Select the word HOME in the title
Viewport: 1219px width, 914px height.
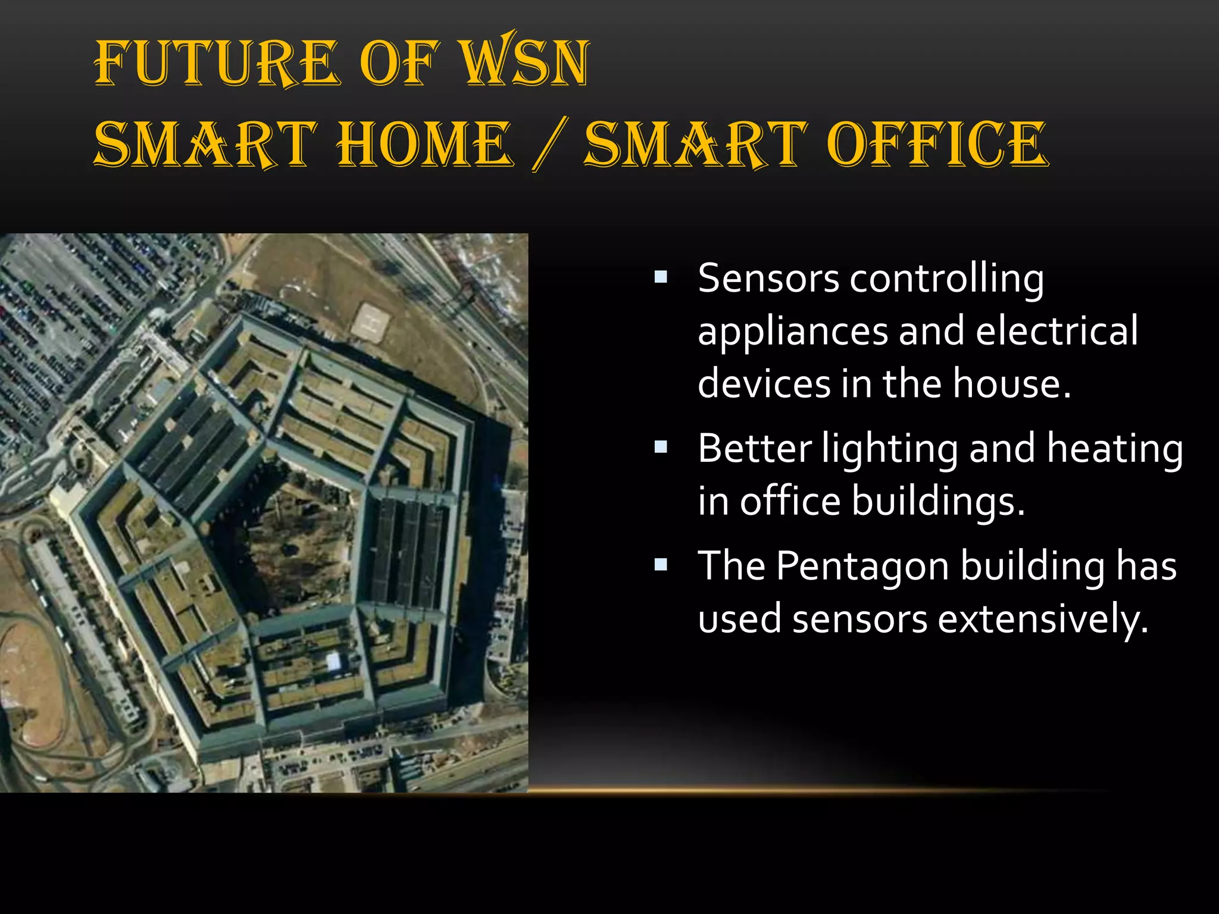click(424, 145)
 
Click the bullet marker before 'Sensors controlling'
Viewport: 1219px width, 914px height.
click(661, 277)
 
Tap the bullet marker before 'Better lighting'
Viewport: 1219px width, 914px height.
click(661, 447)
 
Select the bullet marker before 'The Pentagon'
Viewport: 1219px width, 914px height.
click(661, 564)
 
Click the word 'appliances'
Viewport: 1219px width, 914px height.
click(792, 331)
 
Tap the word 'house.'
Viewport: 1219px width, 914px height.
click(1011, 383)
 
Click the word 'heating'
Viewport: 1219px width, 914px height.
click(1114, 448)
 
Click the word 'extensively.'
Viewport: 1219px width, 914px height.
click(1043, 619)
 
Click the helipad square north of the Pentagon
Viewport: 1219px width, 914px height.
click(371, 322)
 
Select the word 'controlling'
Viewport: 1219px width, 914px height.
click(946, 278)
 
